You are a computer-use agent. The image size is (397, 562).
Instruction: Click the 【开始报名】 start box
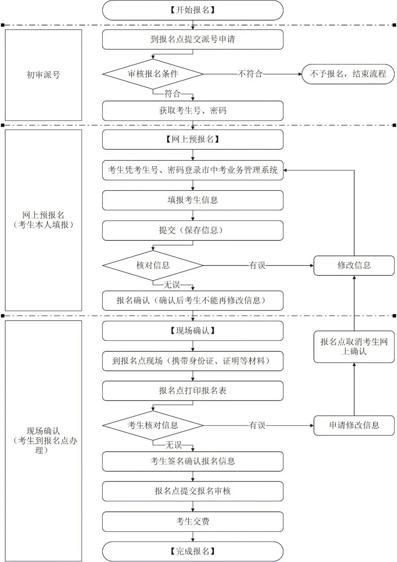(193, 10)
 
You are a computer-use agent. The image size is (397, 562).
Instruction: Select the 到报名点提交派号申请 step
(193, 39)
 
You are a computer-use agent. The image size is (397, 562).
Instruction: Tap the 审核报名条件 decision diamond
(153, 74)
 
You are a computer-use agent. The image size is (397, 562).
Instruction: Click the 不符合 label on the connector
(250, 74)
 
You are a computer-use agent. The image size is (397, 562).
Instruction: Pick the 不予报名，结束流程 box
(348, 74)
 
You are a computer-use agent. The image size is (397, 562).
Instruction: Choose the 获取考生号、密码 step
(193, 110)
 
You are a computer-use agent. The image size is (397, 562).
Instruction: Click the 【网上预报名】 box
(193, 139)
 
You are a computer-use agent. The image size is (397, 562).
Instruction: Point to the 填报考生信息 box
(193, 200)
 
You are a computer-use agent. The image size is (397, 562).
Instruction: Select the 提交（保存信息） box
(193, 230)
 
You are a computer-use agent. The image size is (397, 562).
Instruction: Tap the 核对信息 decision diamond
(153, 265)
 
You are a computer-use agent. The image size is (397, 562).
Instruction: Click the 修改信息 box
(354, 265)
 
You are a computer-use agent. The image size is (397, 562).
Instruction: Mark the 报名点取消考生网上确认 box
(354, 347)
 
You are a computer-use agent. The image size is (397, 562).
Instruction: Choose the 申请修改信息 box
(354, 425)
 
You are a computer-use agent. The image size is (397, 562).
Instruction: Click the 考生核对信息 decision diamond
(153, 425)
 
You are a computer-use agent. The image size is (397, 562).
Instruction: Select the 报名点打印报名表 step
(193, 391)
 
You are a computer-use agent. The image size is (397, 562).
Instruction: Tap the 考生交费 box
(193, 521)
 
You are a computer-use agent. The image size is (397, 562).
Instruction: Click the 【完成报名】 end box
(193, 551)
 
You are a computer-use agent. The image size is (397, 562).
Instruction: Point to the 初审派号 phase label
(43, 75)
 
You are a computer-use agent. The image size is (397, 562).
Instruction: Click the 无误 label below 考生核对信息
(174, 445)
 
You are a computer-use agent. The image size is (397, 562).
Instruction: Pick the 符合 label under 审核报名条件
(172, 94)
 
